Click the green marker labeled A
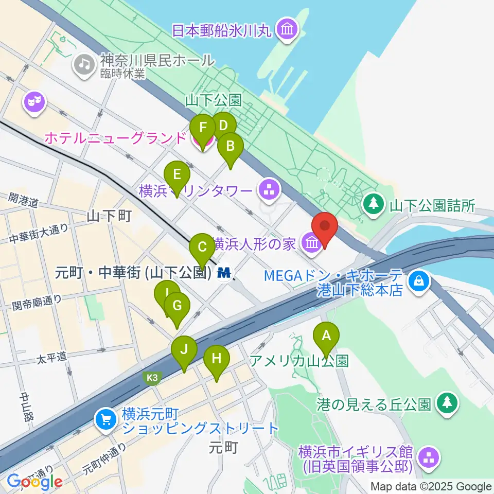point(326,338)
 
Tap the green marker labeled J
point(184,351)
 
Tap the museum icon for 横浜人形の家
point(311,242)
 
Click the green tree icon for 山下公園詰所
point(374,204)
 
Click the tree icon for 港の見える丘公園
point(446,403)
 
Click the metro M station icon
point(224,272)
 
